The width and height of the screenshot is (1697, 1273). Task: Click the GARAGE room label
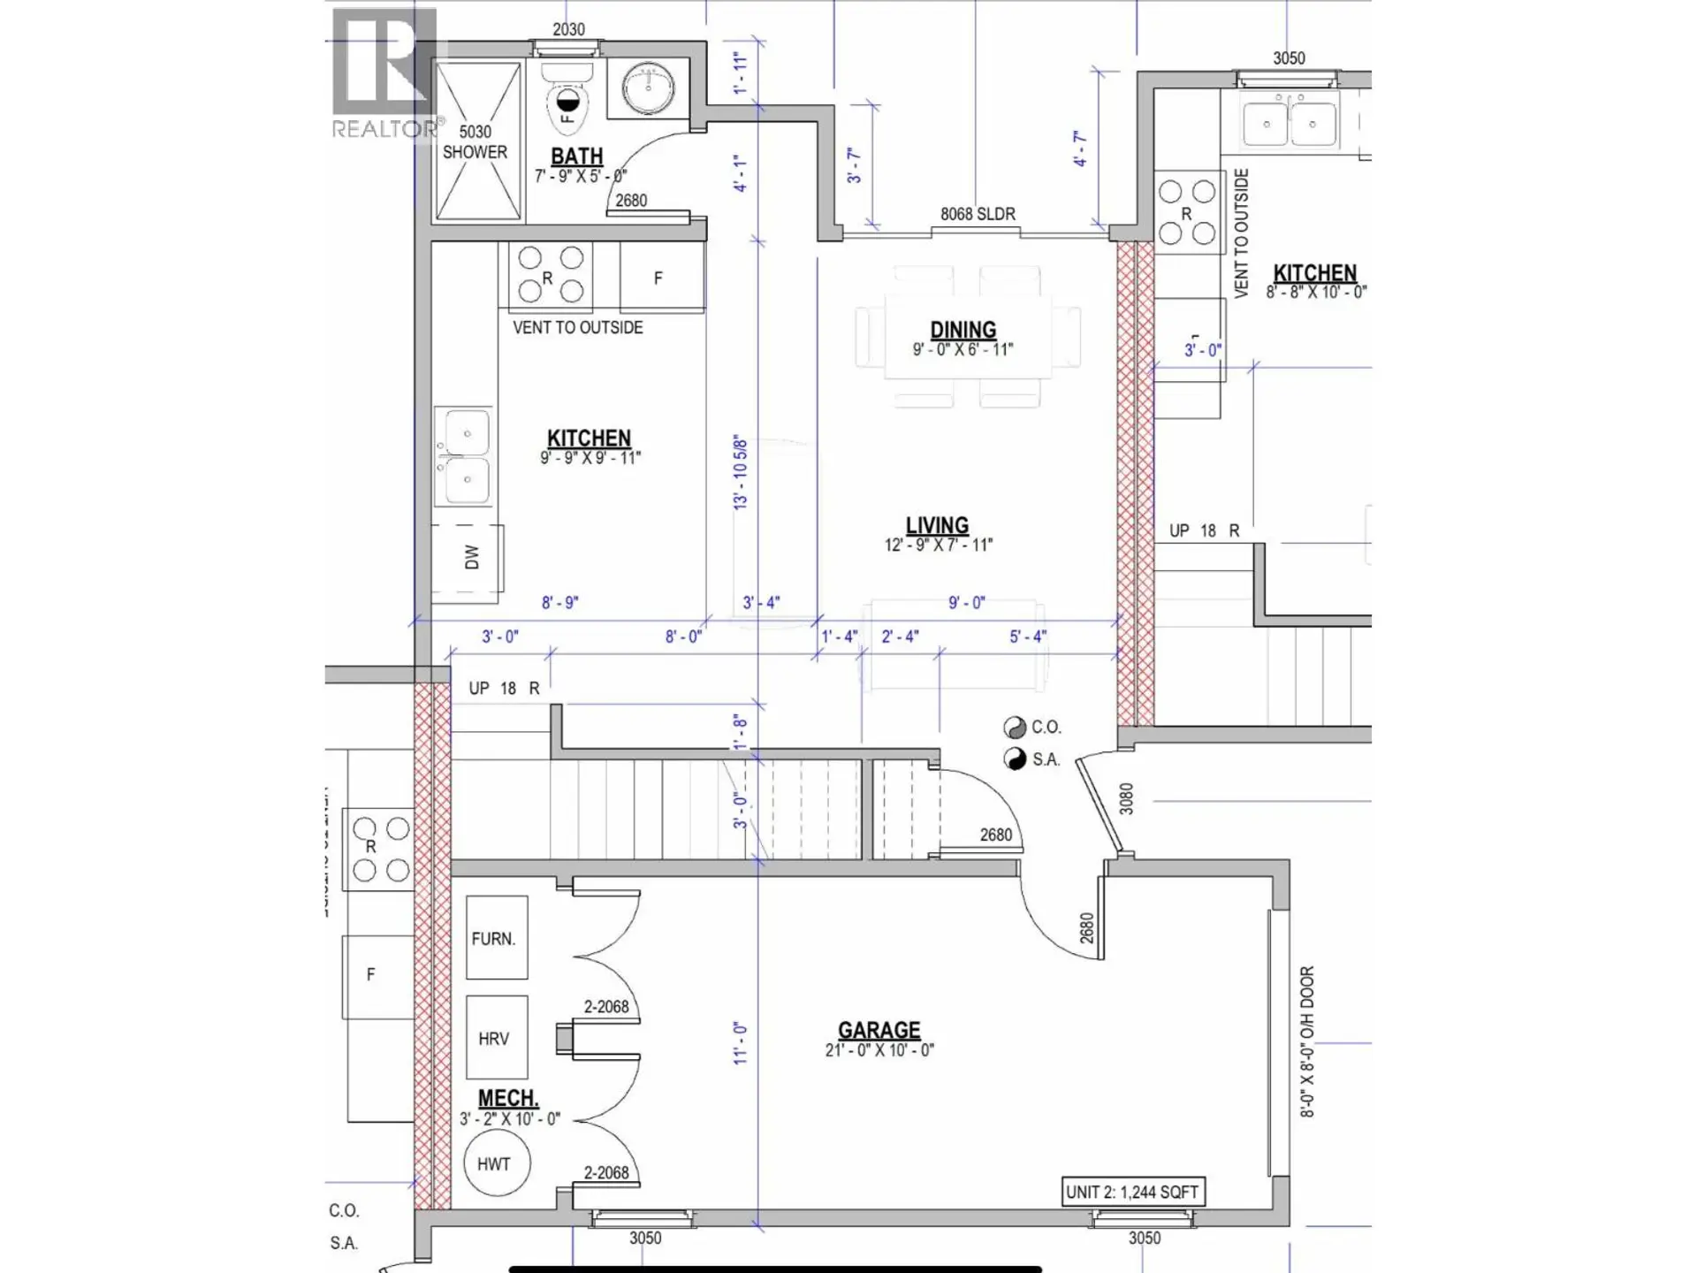[879, 1031]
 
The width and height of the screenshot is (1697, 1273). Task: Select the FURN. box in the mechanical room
[497, 938]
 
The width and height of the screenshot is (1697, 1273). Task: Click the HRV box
[497, 1038]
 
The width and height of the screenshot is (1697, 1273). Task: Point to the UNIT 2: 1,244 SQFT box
[1132, 1192]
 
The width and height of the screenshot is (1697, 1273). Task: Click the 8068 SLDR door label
[977, 214]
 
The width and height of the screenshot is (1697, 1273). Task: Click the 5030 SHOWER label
[475, 141]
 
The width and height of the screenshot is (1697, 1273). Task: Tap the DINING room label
[963, 330]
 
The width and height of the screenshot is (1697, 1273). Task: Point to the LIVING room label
[937, 525]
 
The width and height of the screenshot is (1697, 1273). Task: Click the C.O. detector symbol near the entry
[1015, 728]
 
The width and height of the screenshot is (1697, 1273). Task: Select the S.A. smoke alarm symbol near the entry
[1015, 759]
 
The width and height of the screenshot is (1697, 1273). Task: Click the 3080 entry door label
[1126, 798]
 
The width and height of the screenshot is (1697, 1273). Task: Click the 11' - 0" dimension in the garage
[740, 1043]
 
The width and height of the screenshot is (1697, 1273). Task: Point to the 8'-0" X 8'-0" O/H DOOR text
[1306, 1041]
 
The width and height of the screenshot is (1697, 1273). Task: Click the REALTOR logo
[385, 75]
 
